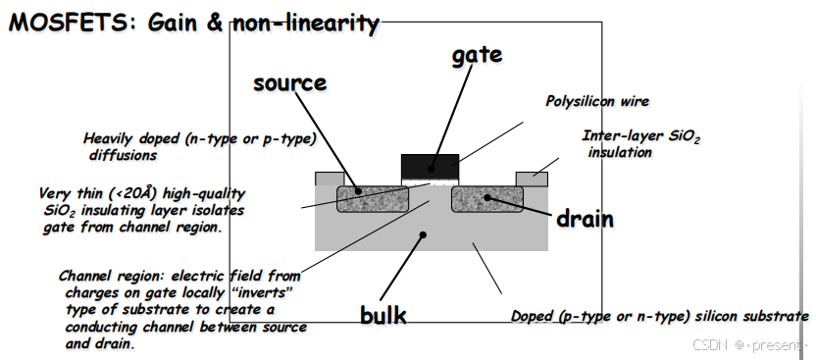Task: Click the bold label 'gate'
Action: tap(477, 55)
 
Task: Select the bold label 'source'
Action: tap(290, 82)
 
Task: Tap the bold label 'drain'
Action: tap(585, 219)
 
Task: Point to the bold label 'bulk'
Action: tap(383, 315)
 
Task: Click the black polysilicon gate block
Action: tap(430, 167)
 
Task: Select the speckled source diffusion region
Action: tap(373, 199)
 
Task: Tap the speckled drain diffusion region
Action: tap(487, 199)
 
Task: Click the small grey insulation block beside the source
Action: tap(330, 179)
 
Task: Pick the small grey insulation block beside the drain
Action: tap(532, 179)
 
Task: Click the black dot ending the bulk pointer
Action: tap(423, 235)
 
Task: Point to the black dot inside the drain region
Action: tap(487, 198)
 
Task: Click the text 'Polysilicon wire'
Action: tap(597, 101)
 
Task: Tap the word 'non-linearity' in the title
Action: tap(305, 24)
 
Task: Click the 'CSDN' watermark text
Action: tap(710, 344)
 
